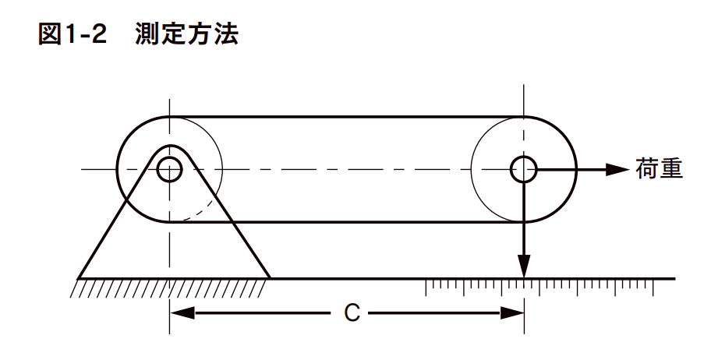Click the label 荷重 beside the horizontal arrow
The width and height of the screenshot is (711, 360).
click(x=660, y=169)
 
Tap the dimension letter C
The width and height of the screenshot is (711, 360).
click(x=352, y=313)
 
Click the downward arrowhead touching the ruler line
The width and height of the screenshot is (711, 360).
click(x=525, y=268)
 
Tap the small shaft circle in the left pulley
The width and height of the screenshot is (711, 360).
click(x=169, y=169)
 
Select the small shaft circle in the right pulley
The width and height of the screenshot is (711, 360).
click(x=524, y=169)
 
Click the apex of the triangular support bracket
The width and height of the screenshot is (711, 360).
click(x=169, y=146)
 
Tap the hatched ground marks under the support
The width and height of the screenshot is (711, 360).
click(x=168, y=288)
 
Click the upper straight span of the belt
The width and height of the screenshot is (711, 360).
click(x=347, y=117)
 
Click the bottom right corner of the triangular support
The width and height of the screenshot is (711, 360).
click(x=269, y=277)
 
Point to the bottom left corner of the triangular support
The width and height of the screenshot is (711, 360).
click(x=79, y=277)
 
